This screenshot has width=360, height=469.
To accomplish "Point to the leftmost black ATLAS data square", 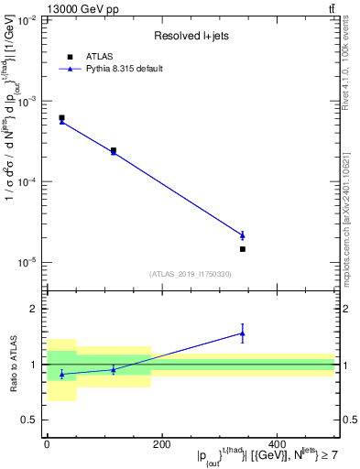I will (x=61, y=118).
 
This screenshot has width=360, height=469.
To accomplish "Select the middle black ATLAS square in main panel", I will (x=114, y=150).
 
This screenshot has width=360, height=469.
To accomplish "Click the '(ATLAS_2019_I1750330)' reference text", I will (x=191, y=274).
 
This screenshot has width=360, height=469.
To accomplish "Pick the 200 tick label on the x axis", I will (x=162, y=444).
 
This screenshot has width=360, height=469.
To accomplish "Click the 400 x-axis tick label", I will (x=277, y=444).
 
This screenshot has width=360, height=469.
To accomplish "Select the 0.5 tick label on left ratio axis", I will (x=31, y=420).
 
